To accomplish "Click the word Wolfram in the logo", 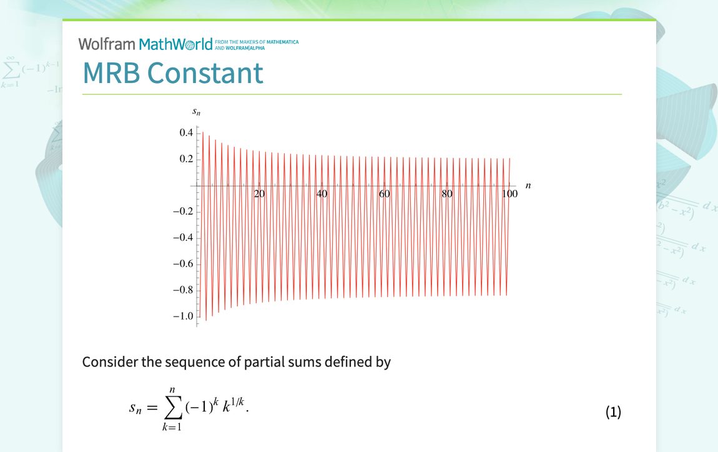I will click(x=107, y=44).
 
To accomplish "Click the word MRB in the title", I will click(x=112, y=73).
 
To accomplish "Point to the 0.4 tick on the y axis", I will click(x=186, y=133).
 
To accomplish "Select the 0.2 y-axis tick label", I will click(x=186, y=159).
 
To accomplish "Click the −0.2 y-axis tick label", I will click(x=183, y=212).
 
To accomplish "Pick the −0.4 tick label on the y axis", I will click(x=183, y=238).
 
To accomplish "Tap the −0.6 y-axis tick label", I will click(x=183, y=264).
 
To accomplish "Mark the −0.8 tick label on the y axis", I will click(x=183, y=290).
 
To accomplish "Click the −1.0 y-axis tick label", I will click(x=183, y=317).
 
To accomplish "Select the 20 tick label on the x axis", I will click(x=259, y=194).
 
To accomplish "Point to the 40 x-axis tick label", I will click(x=322, y=194).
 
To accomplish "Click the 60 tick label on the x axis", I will click(x=384, y=194).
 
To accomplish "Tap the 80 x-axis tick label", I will click(x=446, y=194).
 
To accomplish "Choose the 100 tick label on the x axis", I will click(x=509, y=194).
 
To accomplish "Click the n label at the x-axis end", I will click(x=528, y=185).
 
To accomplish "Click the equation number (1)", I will click(x=613, y=412).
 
